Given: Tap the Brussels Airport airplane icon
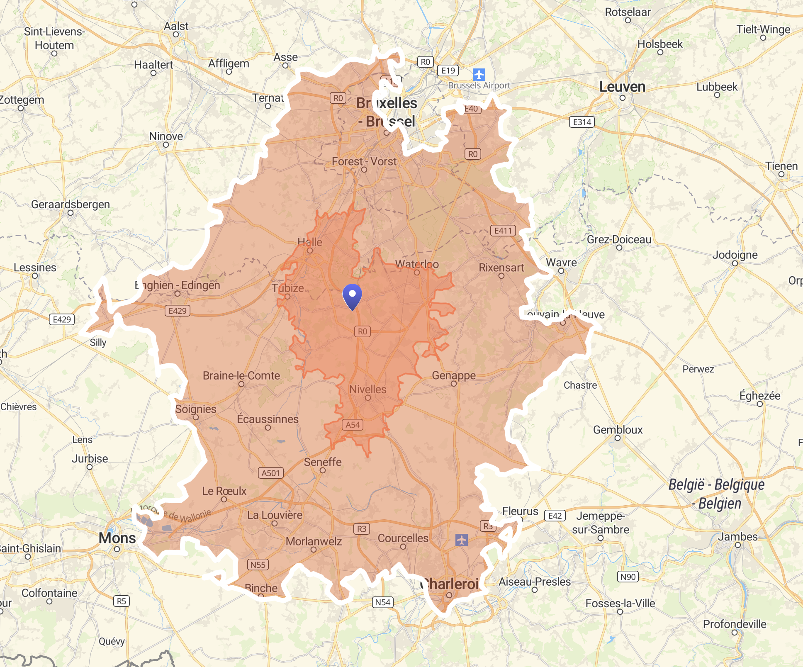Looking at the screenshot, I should tap(479, 75).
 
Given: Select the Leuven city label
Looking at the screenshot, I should tap(622, 87).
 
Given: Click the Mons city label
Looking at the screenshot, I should tap(117, 538).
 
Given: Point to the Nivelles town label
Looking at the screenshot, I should tap(367, 389).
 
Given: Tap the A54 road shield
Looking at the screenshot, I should tap(353, 425).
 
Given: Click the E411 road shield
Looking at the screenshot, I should tap(503, 231).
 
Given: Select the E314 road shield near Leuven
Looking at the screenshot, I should tap(582, 122).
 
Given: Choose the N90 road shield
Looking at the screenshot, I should tap(628, 577).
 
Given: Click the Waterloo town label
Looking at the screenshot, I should tap(416, 264).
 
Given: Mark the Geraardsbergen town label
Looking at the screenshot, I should tap(71, 204).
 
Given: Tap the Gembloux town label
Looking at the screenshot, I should tap(618, 430).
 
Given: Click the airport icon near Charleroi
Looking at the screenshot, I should tap(461, 540).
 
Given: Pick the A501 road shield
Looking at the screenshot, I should tap(270, 473).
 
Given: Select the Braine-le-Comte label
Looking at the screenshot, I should tap(241, 375).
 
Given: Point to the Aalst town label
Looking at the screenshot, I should tap(176, 26).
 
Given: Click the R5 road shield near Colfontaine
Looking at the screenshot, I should tap(121, 601).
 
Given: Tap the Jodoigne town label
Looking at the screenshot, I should tap(735, 255).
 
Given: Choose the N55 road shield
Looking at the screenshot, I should tap(258, 565).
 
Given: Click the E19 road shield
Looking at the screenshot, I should tap(448, 71).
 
